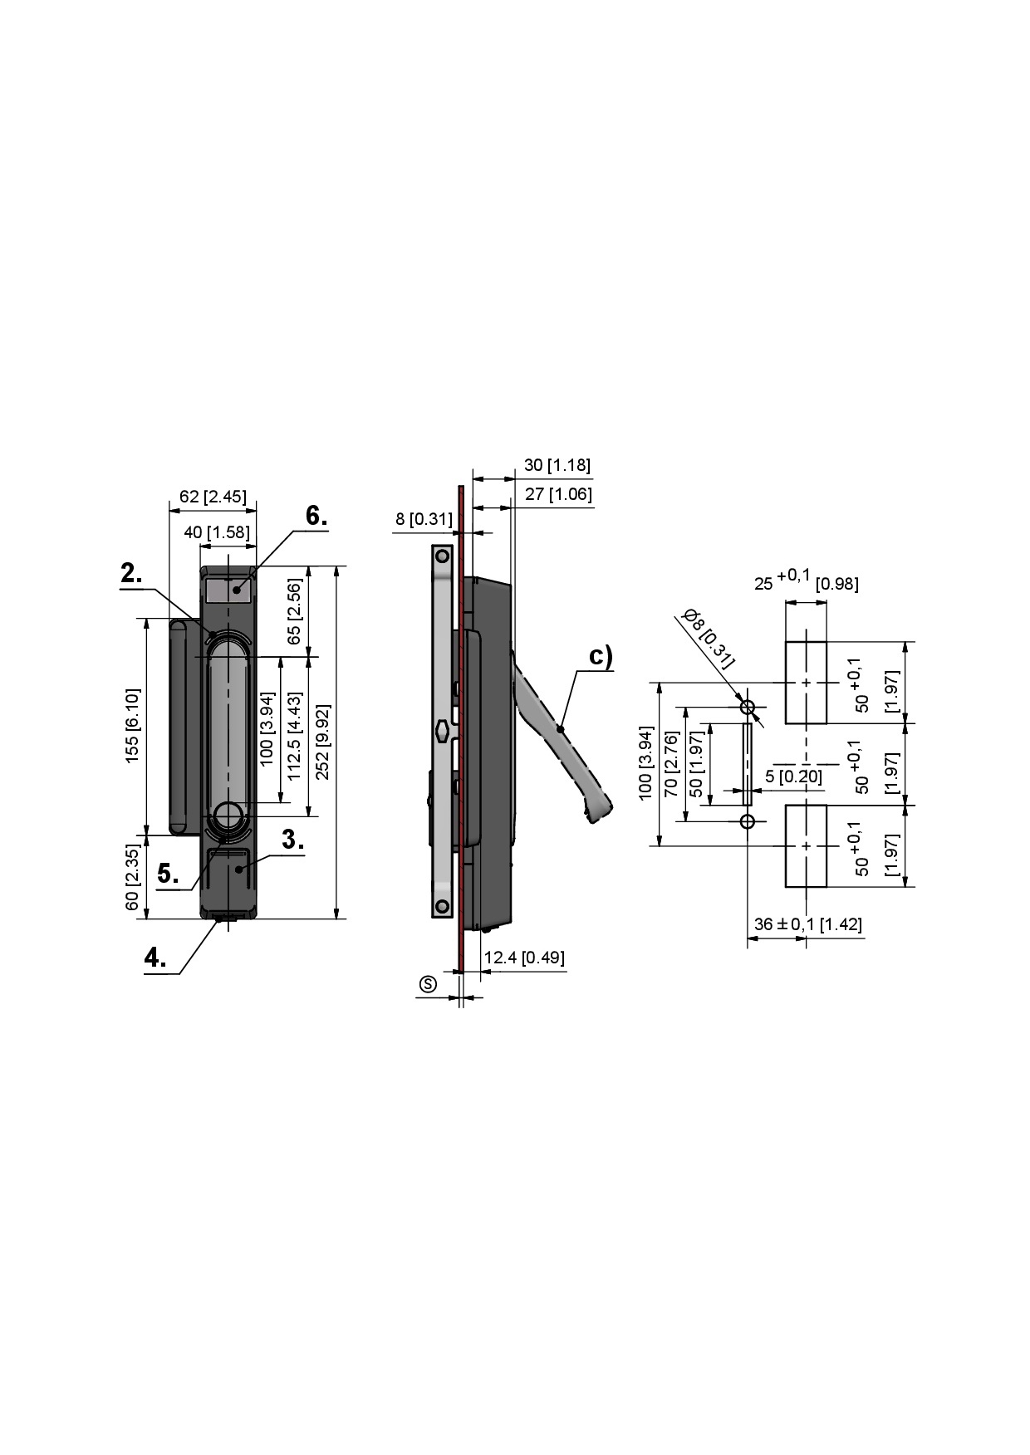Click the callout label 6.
pyautogui.click(x=316, y=516)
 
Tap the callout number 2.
pyautogui.click(x=131, y=573)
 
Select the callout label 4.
pyautogui.click(x=154, y=958)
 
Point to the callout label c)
pyautogui.click(x=601, y=655)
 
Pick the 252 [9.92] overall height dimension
pyautogui.click(x=323, y=742)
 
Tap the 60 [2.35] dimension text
pyautogui.click(x=133, y=878)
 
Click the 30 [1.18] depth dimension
pyautogui.click(x=557, y=464)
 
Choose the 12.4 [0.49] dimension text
pyautogui.click(x=524, y=958)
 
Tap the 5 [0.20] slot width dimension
pyautogui.click(x=793, y=776)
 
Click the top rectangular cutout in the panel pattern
pyautogui.click(x=806, y=682)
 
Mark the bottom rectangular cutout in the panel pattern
pyautogui.click(x=806, y=845)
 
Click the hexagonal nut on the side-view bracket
pyautogui.click(x=443, y=732)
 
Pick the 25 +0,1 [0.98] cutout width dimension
pyautogui.click(x=806, y=580)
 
